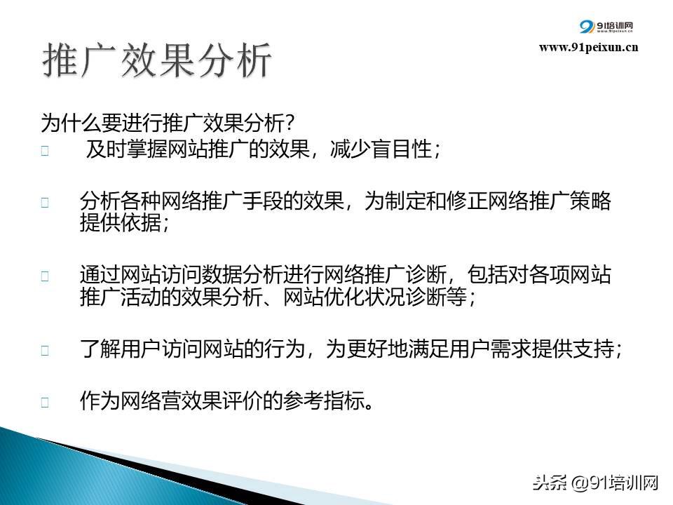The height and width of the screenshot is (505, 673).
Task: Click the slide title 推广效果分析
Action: click(156, 60)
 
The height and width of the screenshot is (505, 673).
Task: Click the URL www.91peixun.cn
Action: click(588, 47)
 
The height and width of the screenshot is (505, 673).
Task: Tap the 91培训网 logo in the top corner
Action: click(606, 27)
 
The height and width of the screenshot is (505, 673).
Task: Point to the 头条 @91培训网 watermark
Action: click(596, 483)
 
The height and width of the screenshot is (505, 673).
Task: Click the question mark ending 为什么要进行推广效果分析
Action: click(290, 123)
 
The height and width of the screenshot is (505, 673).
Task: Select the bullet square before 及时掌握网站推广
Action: click(45, 150)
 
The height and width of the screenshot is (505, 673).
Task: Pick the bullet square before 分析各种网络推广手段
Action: click(45, 202)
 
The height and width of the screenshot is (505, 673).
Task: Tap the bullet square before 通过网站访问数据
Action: click(45, 276)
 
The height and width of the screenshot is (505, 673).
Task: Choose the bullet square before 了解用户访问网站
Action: click(45, 351)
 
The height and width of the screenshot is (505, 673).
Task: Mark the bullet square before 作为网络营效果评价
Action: click(45, 403)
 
